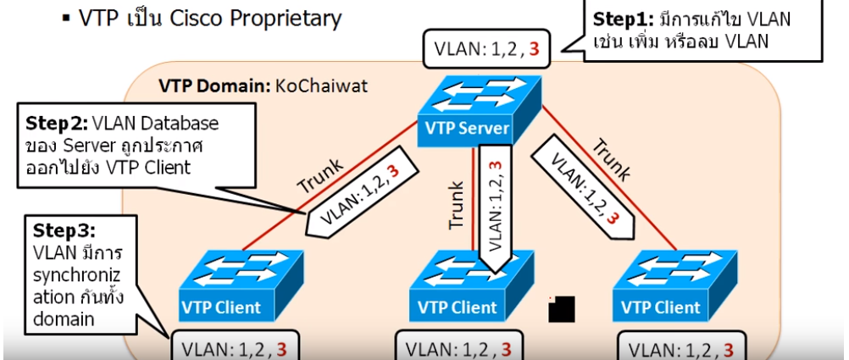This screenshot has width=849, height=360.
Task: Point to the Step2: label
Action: click(57, 123)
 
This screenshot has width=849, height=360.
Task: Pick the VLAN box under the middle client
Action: click(458, 348)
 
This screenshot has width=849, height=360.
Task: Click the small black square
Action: click(562, 309)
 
